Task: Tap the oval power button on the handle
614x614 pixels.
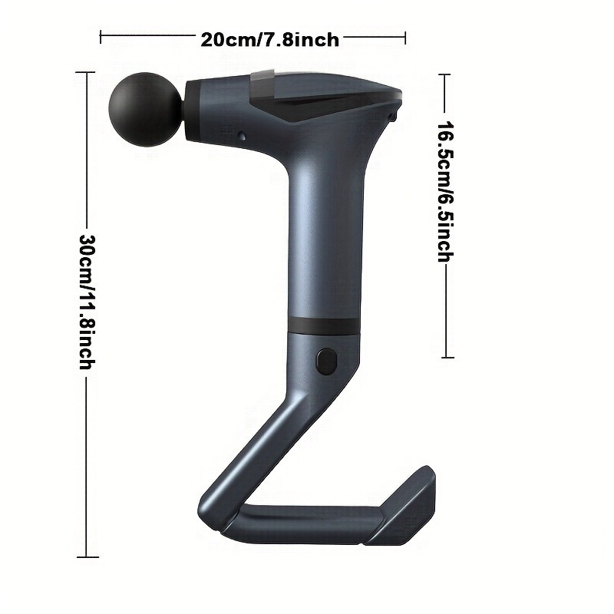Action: tap(325, 361)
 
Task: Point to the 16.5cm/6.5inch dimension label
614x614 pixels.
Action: tap(444, 191)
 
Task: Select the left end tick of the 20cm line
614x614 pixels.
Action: tap(101, 34)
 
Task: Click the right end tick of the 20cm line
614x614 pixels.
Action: tap(405, 34)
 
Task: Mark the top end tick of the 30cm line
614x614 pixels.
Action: tap(86, 71)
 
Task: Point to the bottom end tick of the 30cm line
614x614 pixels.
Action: tap(87, 556)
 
